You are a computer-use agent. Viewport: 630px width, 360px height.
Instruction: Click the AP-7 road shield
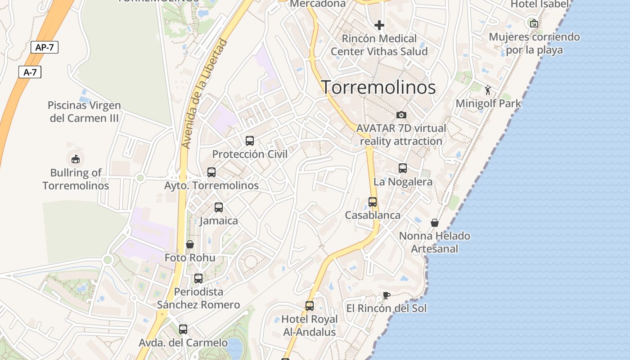click(45, 47)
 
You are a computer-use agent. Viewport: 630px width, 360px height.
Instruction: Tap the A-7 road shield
click(30, 72)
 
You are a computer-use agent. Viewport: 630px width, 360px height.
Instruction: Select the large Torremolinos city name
click(378, 87)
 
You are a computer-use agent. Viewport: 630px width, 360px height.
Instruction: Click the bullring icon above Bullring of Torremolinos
click(75, 158)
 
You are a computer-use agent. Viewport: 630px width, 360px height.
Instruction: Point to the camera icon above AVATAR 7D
click(401, 115)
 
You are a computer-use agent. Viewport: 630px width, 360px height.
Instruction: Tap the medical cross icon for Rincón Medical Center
click(379, 25)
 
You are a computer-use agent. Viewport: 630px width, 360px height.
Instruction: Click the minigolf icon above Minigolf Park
click(488, 90)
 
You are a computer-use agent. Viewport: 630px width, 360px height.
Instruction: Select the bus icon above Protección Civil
click(250, 140)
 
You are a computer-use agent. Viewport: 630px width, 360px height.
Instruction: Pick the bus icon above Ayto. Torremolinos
click(211, 172)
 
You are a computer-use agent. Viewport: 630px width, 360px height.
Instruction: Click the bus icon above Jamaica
click(219, 207)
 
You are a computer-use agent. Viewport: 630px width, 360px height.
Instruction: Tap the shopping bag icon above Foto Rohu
click(190, 244)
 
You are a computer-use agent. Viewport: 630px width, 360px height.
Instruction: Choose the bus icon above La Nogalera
click(403, 168)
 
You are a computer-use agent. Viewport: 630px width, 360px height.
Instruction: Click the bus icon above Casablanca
click(373, 202)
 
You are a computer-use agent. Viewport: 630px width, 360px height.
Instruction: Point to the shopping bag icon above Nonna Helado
click(435, 222)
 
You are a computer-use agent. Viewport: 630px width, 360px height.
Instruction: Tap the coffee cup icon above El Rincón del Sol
click(386, 295)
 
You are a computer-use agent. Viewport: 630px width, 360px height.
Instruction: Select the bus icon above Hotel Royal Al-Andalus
click(310, 306)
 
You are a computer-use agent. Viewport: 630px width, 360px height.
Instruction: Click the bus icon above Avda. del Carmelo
click(183, 329)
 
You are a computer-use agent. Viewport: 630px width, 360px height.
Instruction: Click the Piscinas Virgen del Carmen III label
click(84, 112)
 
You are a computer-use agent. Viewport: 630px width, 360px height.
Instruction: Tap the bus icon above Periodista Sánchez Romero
click(198, 279)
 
